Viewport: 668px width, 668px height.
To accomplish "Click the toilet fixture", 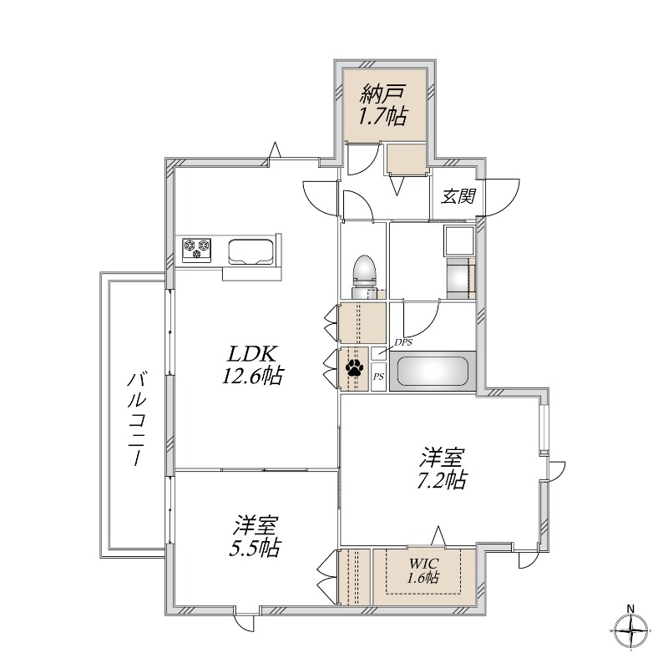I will pos(364,272).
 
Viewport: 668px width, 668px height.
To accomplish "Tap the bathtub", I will pos(432,371).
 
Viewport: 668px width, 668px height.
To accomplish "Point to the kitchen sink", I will pos(254,250).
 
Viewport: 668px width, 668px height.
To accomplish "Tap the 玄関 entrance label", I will pos(458,197).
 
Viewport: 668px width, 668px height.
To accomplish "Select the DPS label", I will pos(403,342).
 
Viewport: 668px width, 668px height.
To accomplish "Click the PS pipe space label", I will pos(378,377).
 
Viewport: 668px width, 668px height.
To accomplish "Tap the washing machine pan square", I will pos(459,240).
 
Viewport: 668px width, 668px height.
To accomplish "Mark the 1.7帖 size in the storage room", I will pos(382,117).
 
